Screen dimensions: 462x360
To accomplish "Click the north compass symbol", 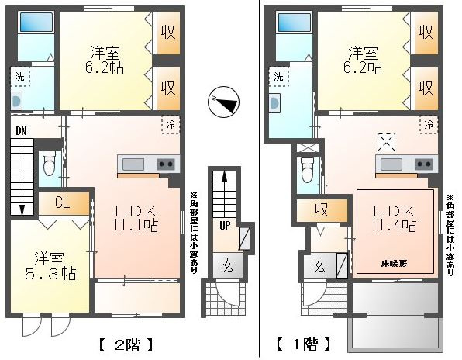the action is click(x=223, y=102).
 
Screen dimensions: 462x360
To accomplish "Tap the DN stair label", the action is click(x=21, y=131).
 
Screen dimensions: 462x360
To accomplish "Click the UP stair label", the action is click(x=225, y=226).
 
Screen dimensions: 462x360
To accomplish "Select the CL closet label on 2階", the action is click(x=62, y=202).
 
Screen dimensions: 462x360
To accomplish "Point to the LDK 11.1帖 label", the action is click(x=136, y=219).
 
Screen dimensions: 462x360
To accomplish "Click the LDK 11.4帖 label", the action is click(x=394, y=219).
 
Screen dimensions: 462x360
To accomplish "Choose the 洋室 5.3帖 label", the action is click(x=50, y=265).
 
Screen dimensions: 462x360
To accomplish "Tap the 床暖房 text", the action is click(x=395, y=264).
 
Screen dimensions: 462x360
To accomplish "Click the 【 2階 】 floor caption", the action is click(x=127, y=344).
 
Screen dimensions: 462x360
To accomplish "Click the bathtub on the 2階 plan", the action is click(x=36, y=22).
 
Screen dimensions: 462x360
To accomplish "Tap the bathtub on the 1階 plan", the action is click(x=295, y=22).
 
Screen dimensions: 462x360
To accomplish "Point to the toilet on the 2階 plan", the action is click(x=48, y=164).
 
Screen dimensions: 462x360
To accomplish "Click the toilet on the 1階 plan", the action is click(x=307, y=171).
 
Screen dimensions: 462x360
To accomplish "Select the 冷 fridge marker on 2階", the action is click(x=171, y=125).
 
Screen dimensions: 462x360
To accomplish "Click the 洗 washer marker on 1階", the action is click(x=279, y=77).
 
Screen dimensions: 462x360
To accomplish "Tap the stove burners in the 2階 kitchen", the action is click(x=166, y=164).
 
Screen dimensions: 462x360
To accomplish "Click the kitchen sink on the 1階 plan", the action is click(x=391, y=164).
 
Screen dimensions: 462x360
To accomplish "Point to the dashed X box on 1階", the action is click(x=387, y=143).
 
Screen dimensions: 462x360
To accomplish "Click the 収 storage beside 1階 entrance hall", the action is click(x=322, y=210).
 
